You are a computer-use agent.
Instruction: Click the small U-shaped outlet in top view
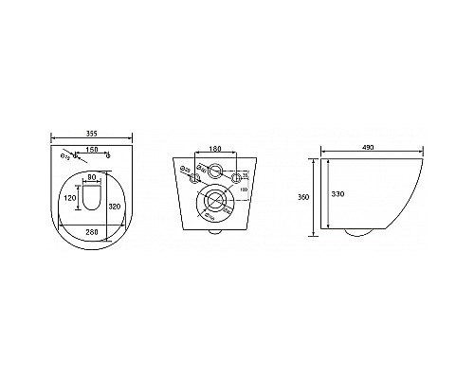(x=92, y=196)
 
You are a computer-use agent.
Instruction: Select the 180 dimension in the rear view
(x=218, y=150)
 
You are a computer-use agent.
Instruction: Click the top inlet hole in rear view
(x=218, y=173)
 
